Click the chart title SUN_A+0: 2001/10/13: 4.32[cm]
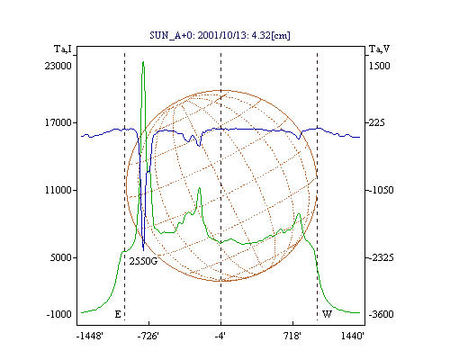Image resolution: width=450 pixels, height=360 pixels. pos(220,35)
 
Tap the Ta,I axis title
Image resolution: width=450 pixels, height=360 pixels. pos(63,49)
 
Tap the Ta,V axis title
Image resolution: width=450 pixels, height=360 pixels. pos(380,49)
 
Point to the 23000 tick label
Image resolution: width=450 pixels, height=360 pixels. pos(58,66)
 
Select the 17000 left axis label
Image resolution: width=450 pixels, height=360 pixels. pos(58,122)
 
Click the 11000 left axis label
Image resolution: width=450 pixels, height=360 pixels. pos(58,190)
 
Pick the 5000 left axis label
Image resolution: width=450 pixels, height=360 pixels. pos(61,257)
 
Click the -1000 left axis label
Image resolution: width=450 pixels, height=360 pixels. pos(59,314)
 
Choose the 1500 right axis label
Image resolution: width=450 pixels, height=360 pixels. pos(380,66)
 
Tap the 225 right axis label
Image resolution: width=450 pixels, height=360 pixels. pos(376,122)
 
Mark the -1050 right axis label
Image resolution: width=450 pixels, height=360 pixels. pos(381,190)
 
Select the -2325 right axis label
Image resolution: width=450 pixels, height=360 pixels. pos(381,257)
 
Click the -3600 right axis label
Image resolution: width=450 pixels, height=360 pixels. pos(381,314)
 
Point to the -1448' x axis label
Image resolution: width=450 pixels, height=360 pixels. pos(90,336)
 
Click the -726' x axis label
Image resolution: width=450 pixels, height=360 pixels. pos(148,336)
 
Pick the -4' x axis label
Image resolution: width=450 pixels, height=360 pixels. pos(220,336)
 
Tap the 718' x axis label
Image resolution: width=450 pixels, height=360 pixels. pos(292,336)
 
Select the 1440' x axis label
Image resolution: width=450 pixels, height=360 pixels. pos(353,336)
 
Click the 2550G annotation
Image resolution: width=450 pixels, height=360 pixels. pos(143,261)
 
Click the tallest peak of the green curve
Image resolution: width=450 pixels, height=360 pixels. pos(143,62)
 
